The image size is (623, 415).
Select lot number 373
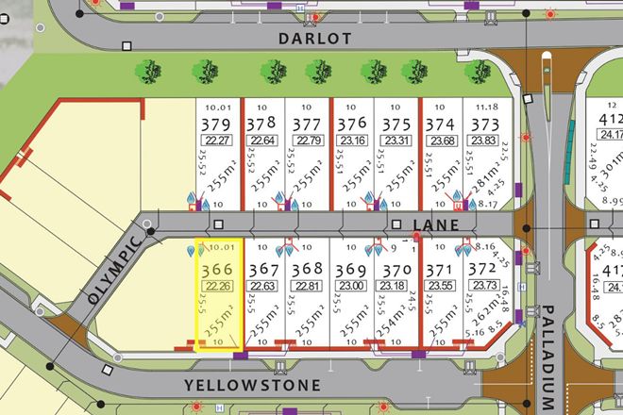click(x=485, y=125)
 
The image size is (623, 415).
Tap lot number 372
click(x=482, y=271)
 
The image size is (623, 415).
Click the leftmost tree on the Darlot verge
click(x=145, y=70)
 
